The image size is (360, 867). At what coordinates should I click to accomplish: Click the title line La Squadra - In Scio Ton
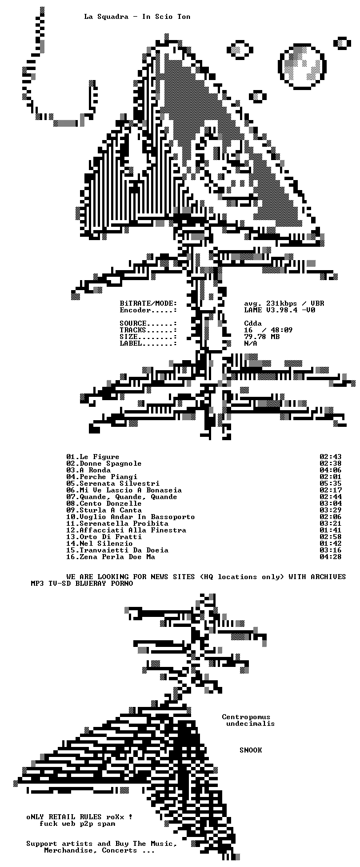[137, 17]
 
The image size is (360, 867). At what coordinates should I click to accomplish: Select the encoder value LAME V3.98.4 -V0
[279, 310]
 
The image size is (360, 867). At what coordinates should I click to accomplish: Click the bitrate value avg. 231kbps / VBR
[284, 303]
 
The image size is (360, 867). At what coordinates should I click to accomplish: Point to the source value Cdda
[253, 323]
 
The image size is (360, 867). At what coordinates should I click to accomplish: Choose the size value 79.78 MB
[262, 337]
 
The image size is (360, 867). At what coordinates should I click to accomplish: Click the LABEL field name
[131, 343]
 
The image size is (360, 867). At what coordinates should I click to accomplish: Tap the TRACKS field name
[133, 330]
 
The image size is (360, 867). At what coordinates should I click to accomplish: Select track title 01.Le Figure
[93, 457]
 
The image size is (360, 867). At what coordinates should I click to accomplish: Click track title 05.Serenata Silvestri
[113, 484]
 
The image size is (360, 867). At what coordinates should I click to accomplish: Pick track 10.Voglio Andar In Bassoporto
[131, 517]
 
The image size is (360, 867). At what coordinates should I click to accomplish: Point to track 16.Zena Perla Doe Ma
[111, 557]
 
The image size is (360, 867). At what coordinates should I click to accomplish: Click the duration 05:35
[331, 484]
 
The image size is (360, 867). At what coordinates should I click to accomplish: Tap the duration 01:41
[331, 530]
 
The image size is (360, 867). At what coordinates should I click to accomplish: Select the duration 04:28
[331, 557]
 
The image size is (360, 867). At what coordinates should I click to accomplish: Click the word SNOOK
[251, 750]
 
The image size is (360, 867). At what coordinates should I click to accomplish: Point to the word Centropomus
[246, 717]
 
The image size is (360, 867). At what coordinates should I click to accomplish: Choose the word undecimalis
[251, 724]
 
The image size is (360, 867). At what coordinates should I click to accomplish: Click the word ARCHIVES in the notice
[328, 577]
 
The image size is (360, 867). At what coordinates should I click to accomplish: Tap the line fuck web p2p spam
[77, 824]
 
